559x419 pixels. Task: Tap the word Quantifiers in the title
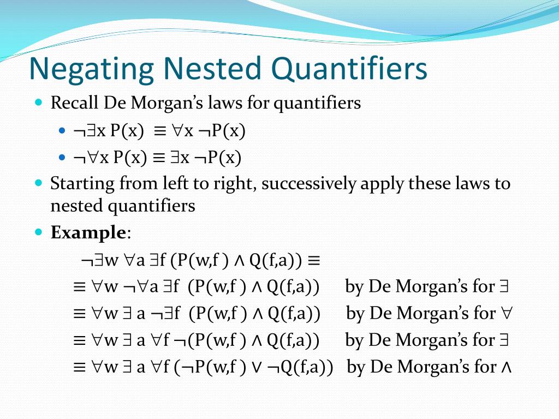tap(349, 69)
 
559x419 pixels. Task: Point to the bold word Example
tap(88, 233)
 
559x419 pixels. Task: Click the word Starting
tap(82, 183)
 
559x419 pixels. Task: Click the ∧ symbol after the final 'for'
tap(506, 367)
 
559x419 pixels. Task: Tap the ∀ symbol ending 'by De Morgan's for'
tap(506, 314)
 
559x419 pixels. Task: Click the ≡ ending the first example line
tap(313, 261)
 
